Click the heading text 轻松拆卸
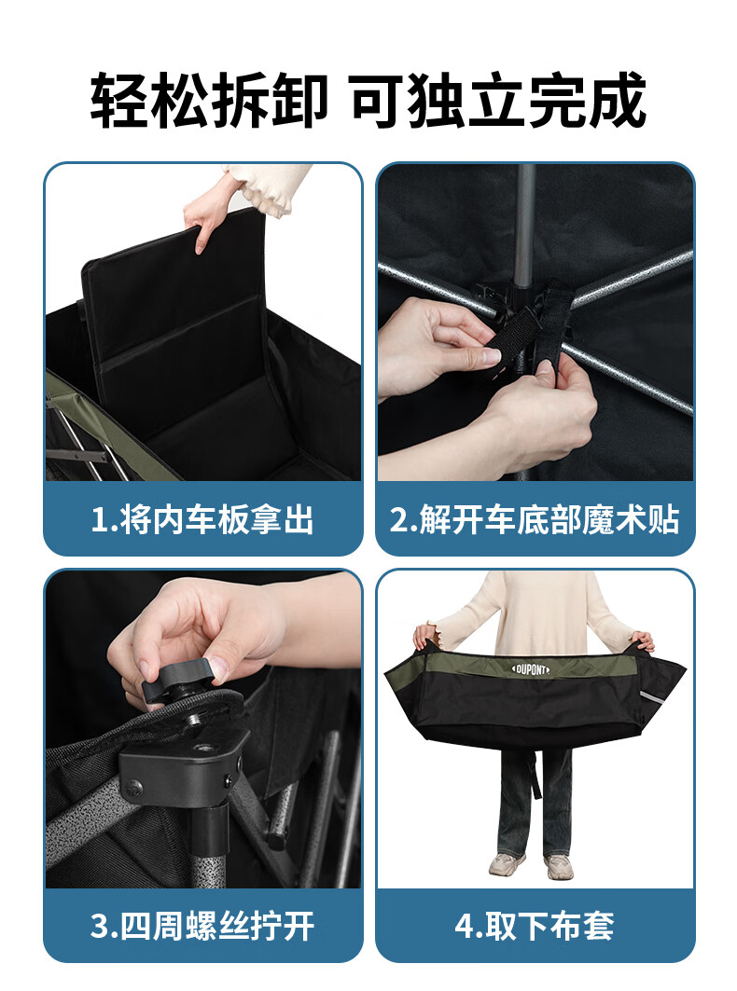coord(209,100)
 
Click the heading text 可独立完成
coord(498,100)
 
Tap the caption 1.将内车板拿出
coord(203,519)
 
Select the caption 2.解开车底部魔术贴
coord(535,519)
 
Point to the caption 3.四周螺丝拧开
coord(203,925)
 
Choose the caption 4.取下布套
coord(535,925)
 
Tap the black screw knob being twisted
coord(177,680)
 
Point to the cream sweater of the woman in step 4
coord(535,613)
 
